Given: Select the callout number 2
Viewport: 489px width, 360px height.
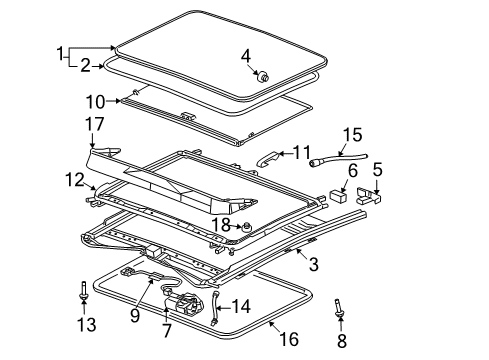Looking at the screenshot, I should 85,67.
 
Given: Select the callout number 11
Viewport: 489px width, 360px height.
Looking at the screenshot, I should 302,152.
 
